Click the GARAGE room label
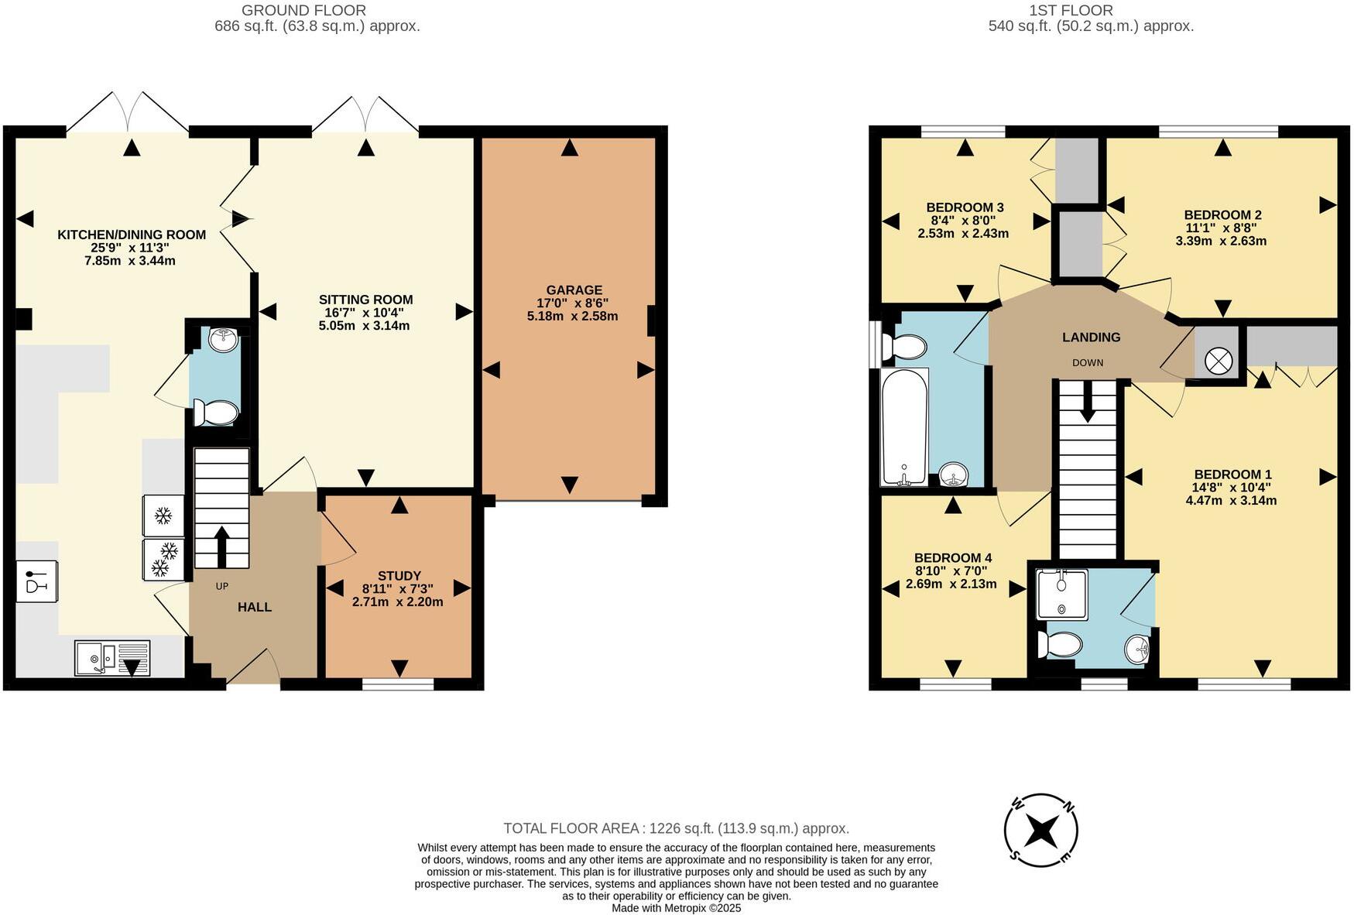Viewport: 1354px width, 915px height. tap(573, 290)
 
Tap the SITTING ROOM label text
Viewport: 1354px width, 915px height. tap(365, 300)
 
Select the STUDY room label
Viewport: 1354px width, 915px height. tap(399, 576)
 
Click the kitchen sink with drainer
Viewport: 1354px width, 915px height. tap(112, 658)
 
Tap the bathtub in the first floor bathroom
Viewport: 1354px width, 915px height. tap(904, 427)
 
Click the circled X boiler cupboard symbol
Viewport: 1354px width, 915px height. tap(1219, 361)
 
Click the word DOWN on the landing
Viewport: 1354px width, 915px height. tap(1088, 363)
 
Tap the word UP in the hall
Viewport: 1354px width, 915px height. tap(222, 586)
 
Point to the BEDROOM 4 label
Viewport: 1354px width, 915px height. tap(952, 558)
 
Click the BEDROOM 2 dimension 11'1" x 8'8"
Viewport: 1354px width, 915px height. tap(1221, 228)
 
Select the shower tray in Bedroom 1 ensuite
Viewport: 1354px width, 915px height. tap(1061, 594)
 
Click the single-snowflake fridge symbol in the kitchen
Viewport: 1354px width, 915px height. tap(163, 516)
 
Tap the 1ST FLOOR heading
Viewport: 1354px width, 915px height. tap(1071, 11)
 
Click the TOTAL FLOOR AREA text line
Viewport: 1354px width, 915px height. tap(676, 828)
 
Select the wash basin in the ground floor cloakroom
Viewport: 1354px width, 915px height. tap(224, 338)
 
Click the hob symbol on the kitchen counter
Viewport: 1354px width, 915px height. tap(36, 581)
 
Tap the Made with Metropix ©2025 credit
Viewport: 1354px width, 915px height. tap(676, 908)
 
